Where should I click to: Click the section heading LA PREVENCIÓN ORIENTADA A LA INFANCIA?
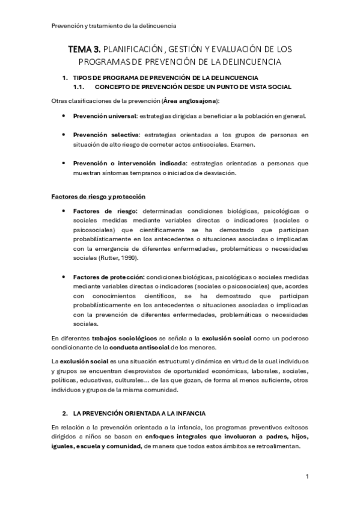pyautogui.click(x=139, y=414)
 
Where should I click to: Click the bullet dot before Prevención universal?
pyautogui.click(x=64, y=116)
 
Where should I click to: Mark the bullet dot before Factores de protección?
pyautogui.click(x=64, y=276)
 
